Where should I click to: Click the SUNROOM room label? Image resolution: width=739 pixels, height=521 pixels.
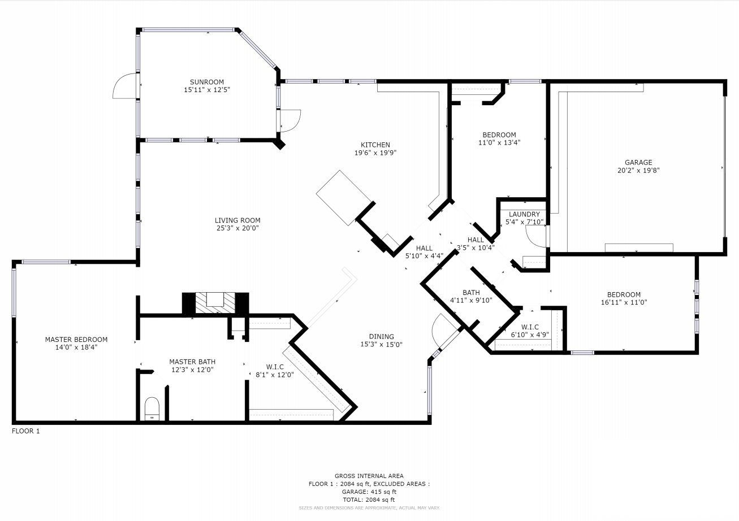207,82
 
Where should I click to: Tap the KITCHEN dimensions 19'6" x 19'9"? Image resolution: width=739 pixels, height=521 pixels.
375,153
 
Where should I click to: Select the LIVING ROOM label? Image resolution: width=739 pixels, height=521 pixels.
237,220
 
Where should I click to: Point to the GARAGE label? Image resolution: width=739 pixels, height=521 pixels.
638,163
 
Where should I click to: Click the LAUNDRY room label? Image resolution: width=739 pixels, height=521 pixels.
524,214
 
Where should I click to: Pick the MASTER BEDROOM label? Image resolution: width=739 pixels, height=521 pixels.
76,340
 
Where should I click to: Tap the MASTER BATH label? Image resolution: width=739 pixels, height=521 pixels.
192,362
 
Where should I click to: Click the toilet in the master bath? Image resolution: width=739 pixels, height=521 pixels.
152,409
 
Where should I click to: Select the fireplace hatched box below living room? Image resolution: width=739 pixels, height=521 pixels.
215,303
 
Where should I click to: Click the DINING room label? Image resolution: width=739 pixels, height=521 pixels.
382,337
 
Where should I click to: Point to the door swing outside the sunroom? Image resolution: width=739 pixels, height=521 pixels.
124,86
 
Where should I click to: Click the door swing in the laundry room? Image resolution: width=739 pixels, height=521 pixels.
536,236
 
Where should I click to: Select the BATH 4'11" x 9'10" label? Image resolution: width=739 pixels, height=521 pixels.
471,297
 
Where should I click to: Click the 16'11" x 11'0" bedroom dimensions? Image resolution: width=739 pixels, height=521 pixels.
624,302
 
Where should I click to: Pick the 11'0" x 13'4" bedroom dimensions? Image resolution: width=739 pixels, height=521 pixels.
499,143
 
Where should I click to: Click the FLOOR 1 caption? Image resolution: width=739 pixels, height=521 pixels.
26,431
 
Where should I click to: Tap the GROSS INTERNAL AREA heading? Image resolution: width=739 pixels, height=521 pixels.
369,476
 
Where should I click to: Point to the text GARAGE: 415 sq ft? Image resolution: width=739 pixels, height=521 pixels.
369,492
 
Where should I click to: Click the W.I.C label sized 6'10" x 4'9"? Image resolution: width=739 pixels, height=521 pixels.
530,331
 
